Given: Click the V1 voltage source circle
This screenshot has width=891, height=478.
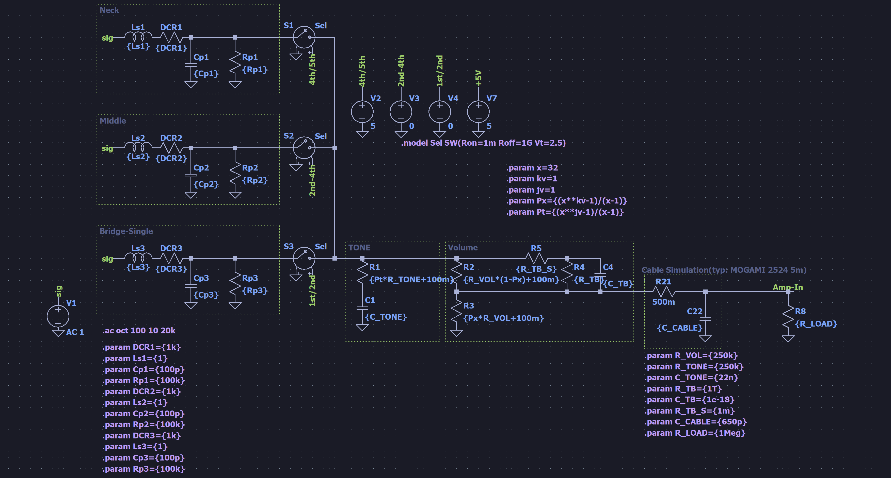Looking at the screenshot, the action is [58, 316].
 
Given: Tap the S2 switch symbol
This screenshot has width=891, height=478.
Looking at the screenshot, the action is [304, 148].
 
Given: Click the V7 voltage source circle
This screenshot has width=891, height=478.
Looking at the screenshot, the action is [478, 112].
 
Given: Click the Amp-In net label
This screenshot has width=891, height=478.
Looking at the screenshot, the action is [788, 287].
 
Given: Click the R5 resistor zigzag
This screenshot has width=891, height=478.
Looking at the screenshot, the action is [536, 258].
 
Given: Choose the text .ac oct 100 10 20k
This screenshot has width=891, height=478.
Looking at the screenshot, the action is [139, 330].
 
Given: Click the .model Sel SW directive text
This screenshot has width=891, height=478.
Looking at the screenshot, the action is [483, 143].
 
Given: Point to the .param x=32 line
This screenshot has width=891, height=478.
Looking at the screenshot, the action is [532, 168].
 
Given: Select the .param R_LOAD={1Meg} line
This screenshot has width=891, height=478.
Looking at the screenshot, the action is [694, 433].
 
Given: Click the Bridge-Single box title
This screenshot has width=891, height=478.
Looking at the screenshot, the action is [126, 231].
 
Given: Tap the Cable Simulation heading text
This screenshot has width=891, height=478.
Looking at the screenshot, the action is [724, 270].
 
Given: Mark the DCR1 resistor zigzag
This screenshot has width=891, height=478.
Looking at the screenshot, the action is [171, 37].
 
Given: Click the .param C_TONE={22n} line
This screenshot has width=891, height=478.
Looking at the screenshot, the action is [691, 378].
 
